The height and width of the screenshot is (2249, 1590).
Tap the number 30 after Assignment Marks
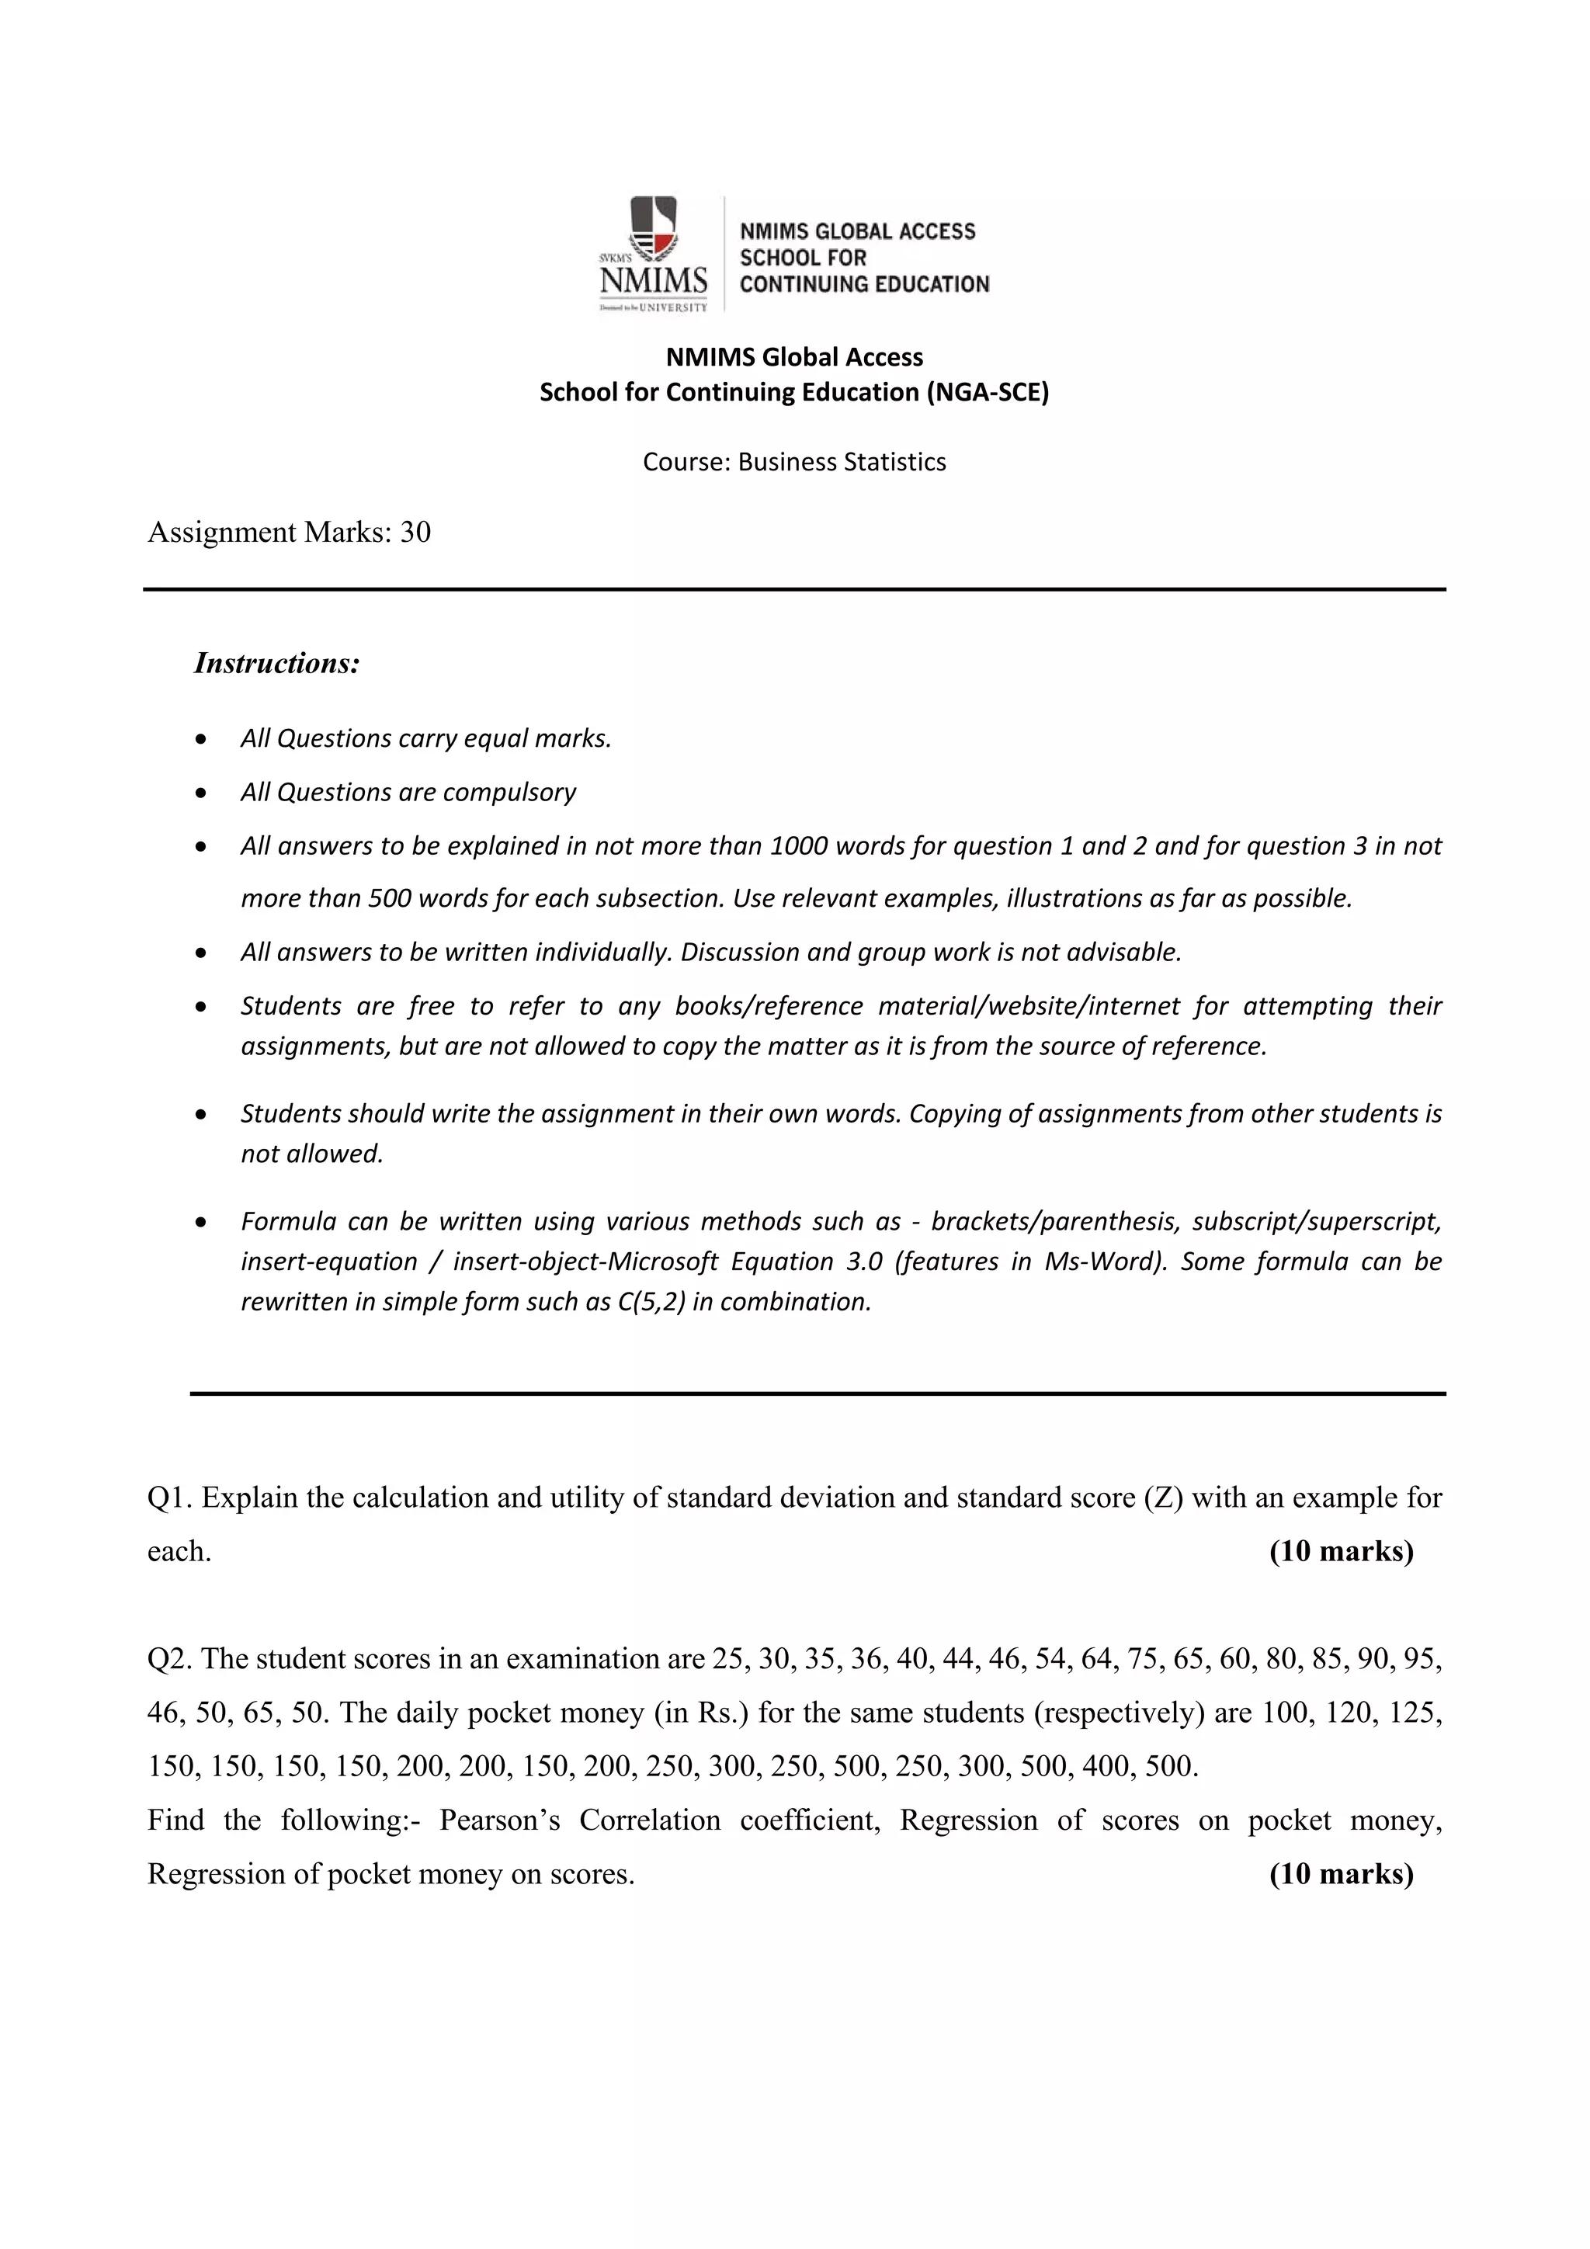415,532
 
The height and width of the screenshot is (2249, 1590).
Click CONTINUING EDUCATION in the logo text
864,284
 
